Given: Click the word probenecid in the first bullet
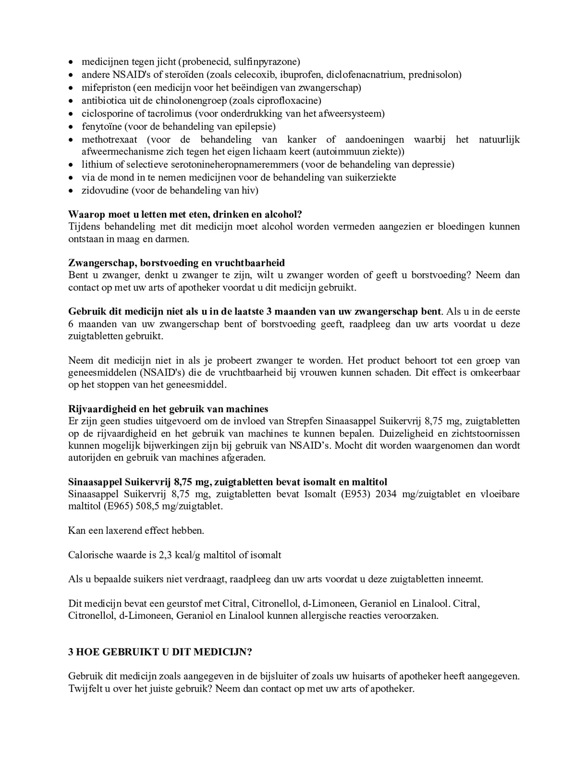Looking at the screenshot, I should [204, 62].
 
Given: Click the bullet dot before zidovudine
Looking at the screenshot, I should [71, 191].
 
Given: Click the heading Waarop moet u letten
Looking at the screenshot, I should [185, 214].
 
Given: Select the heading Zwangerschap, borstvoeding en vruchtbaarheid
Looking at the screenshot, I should [176, 263].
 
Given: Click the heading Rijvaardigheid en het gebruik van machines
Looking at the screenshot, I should [168, 409].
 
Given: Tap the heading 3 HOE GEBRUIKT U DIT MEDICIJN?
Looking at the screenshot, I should [160, 652].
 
